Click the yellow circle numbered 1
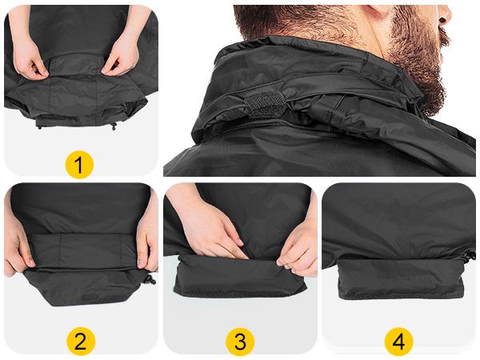pos(79,165)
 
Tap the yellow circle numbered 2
pos(81,341)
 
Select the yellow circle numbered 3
pos(240,341)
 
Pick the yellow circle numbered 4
pos(399,341)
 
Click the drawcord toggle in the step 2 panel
pos(151,279)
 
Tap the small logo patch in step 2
pos(90,298)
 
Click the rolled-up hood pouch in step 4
pos(401,279)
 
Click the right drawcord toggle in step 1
pos(114,126)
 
